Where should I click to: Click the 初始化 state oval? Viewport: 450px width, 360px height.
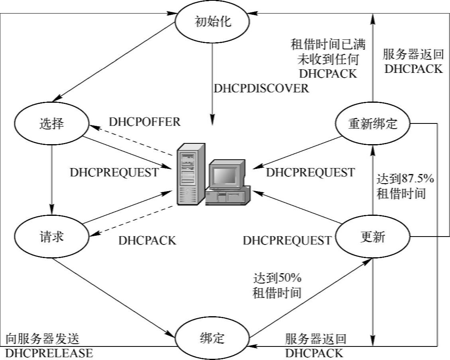click(x=213, y=22)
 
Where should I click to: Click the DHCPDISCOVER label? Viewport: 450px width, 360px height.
click(x=261, y=88)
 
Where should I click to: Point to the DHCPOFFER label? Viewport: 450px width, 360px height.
click(x=145, y=122)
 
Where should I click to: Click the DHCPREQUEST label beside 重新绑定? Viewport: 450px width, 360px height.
click(x=310, y=172)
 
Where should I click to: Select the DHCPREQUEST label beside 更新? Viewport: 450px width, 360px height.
click(x=287, y=240)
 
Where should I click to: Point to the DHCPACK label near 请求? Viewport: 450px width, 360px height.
click(x=147, y=241)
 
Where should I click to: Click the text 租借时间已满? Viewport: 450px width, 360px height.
click(x=328, y=43)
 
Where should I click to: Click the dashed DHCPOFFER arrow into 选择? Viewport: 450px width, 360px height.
click(x=131, y=140)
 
